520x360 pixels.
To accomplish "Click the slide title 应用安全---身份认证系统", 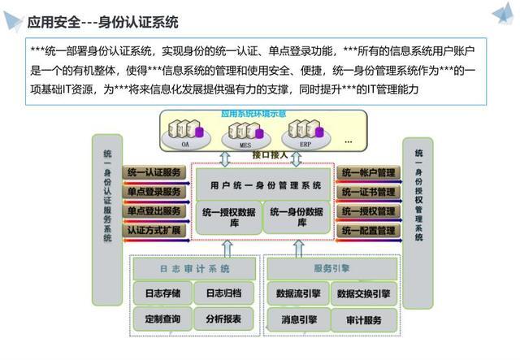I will (x=103, y=22).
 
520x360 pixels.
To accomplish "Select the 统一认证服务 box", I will (x=154, y=173).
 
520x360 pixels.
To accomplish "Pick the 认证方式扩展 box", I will (x=154, y=231).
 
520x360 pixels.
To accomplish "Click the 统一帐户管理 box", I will (x=368, y=173).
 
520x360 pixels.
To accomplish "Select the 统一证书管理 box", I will (x=368, y=193).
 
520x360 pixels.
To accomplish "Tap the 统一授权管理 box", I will (x=368, y=212).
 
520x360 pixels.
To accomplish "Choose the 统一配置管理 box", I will (x=368, y=231).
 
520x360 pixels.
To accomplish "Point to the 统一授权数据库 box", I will (x=227, y=217).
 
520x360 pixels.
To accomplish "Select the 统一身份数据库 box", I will (x=296, y=217).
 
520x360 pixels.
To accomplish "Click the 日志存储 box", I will (x=162, y=293).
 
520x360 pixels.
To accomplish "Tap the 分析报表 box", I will (x=223, y=319).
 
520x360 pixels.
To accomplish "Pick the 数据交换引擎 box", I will (x=363, y=293).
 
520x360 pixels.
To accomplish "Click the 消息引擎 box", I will (x=298, y=319).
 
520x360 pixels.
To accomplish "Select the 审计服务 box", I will (x=363, y=319).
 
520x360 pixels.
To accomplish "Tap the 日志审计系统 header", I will (x=193, y=269).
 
